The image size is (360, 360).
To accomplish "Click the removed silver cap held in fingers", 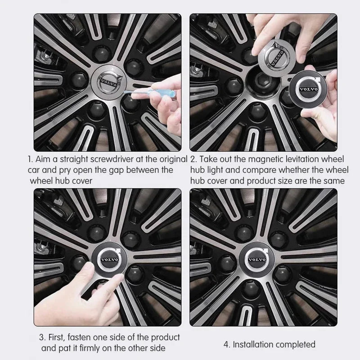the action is pyautogui.click(x=277, y=58).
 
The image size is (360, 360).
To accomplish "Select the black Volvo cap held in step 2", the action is pyautogui.click(x=308, y=89).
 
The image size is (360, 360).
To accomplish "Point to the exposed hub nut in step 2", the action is pyautogui.click(x=263, y=81).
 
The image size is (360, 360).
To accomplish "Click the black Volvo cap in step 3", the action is pyautogui.click(x=109, y=260).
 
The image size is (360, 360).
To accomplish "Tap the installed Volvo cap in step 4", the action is pyautogui.click(x=257, y=260).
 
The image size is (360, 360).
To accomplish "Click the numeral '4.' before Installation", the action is pyautogui.click(x=227, y=345).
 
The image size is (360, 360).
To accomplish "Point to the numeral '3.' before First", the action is pyautogui.click(x=42, y=337).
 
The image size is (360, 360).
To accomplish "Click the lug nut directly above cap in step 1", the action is pyautogui.click(x=101, y=54).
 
